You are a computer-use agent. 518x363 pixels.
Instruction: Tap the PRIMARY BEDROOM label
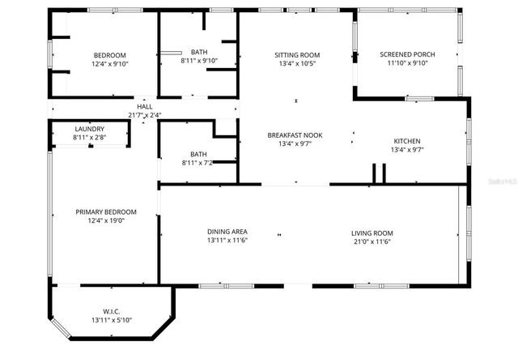point(106,212)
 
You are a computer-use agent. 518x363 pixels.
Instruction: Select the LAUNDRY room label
point(89,129)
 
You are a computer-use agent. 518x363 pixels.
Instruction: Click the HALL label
point(145,106)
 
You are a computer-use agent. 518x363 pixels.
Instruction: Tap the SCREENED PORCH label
point(407,54)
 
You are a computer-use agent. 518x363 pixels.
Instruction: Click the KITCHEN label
point(407,141)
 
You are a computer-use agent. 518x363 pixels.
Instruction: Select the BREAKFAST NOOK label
point(296,135)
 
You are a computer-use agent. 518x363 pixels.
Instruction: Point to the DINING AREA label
point(227,233)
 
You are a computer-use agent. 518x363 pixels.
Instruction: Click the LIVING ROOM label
point(372,233)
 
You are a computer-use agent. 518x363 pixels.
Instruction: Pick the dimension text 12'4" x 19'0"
point(106,221)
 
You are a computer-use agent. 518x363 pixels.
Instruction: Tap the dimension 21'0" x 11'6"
point(372,241)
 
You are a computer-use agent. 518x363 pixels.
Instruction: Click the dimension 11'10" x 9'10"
point(407,63)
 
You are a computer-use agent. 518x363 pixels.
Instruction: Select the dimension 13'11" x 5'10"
point(111,321)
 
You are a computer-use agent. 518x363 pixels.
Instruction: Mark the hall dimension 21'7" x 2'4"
point(145,115)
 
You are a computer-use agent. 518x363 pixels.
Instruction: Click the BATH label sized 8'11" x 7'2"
point(198,153)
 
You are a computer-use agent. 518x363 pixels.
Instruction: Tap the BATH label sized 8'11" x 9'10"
point(198,52)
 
